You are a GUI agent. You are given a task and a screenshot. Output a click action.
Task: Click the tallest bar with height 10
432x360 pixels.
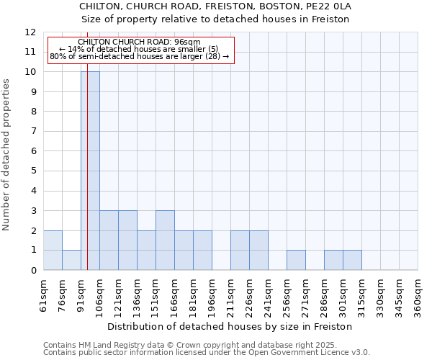[90, 171]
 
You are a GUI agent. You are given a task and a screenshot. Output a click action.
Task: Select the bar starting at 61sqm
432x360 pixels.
[53, 250]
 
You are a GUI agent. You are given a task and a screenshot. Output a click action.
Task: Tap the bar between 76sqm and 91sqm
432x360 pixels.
[71, 260]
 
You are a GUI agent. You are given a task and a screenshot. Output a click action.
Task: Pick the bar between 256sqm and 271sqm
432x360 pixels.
[296, 260]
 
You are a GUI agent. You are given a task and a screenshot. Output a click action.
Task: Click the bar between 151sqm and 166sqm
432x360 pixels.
[165, 240]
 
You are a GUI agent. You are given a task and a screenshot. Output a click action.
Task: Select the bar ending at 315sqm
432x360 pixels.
[352, 260]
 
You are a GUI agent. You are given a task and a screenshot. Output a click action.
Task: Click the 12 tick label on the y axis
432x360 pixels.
[30, 32]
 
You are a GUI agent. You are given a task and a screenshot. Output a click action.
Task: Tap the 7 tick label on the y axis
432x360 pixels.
[33, 132]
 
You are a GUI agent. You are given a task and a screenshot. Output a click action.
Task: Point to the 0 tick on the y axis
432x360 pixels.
[33, 270]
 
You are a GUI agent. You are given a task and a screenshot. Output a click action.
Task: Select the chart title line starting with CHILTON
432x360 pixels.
[215, 6]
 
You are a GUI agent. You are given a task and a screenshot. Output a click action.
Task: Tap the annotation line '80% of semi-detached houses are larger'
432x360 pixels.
[139, 56]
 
